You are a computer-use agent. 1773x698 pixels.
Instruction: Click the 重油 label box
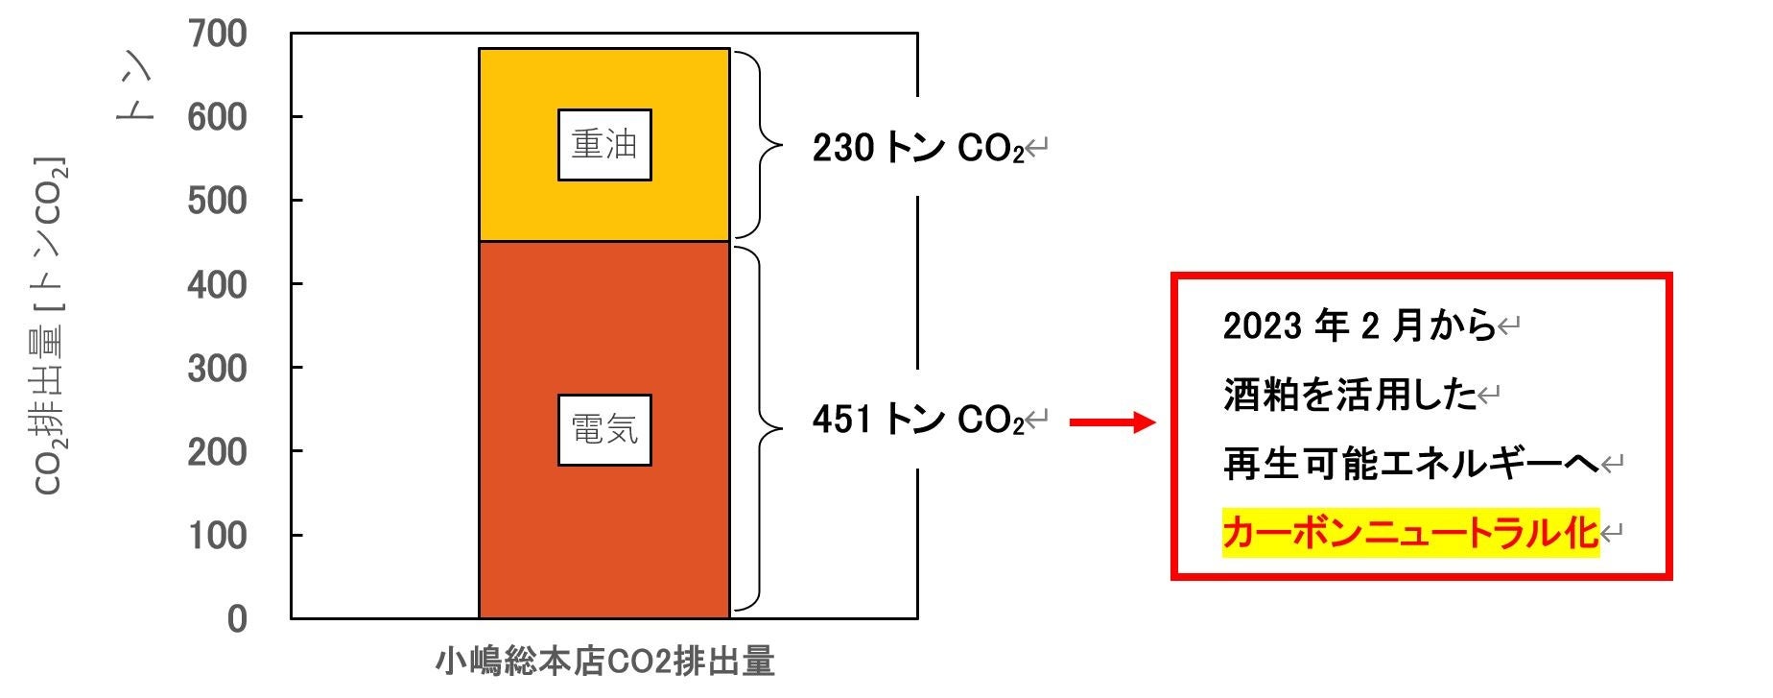pyautogui.click(x=604, y=145)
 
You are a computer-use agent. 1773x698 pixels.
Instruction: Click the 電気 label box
pyautogui.click(x=604, y=429)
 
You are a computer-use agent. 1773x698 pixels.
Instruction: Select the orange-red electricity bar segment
pyautogui.click(x=604, y=538)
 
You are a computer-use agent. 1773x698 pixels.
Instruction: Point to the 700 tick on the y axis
pyautogui.click(x=218, y=34)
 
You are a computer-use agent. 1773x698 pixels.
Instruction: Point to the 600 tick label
pyautogui.click(x=218, y=117)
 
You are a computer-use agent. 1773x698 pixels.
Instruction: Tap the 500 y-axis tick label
pyautogui.click(x=218, y=201)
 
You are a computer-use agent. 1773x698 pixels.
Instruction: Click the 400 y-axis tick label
pyautogui.click(x=218, y=284)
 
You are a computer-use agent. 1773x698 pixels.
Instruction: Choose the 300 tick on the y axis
pyautogui.click(x=218, y=368)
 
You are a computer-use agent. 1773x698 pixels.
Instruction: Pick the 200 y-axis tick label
pyautogui.click(x=218, y=451)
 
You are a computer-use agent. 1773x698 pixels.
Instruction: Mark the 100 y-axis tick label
pyautogui.click(x=218, y=535)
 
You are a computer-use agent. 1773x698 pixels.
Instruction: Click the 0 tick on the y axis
pyautogui.click(x=237, y=618)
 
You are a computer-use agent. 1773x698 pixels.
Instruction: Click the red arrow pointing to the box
pyautogui.click(x=1111, y=422)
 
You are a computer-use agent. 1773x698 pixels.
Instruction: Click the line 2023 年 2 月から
pyautogui.click(x=1359, y=326)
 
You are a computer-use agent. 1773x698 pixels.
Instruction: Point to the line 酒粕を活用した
pyautogui.click(x=1350, y=395)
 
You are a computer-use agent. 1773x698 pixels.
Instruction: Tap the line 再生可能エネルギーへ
pyautogui.click(x=1410, y=465)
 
